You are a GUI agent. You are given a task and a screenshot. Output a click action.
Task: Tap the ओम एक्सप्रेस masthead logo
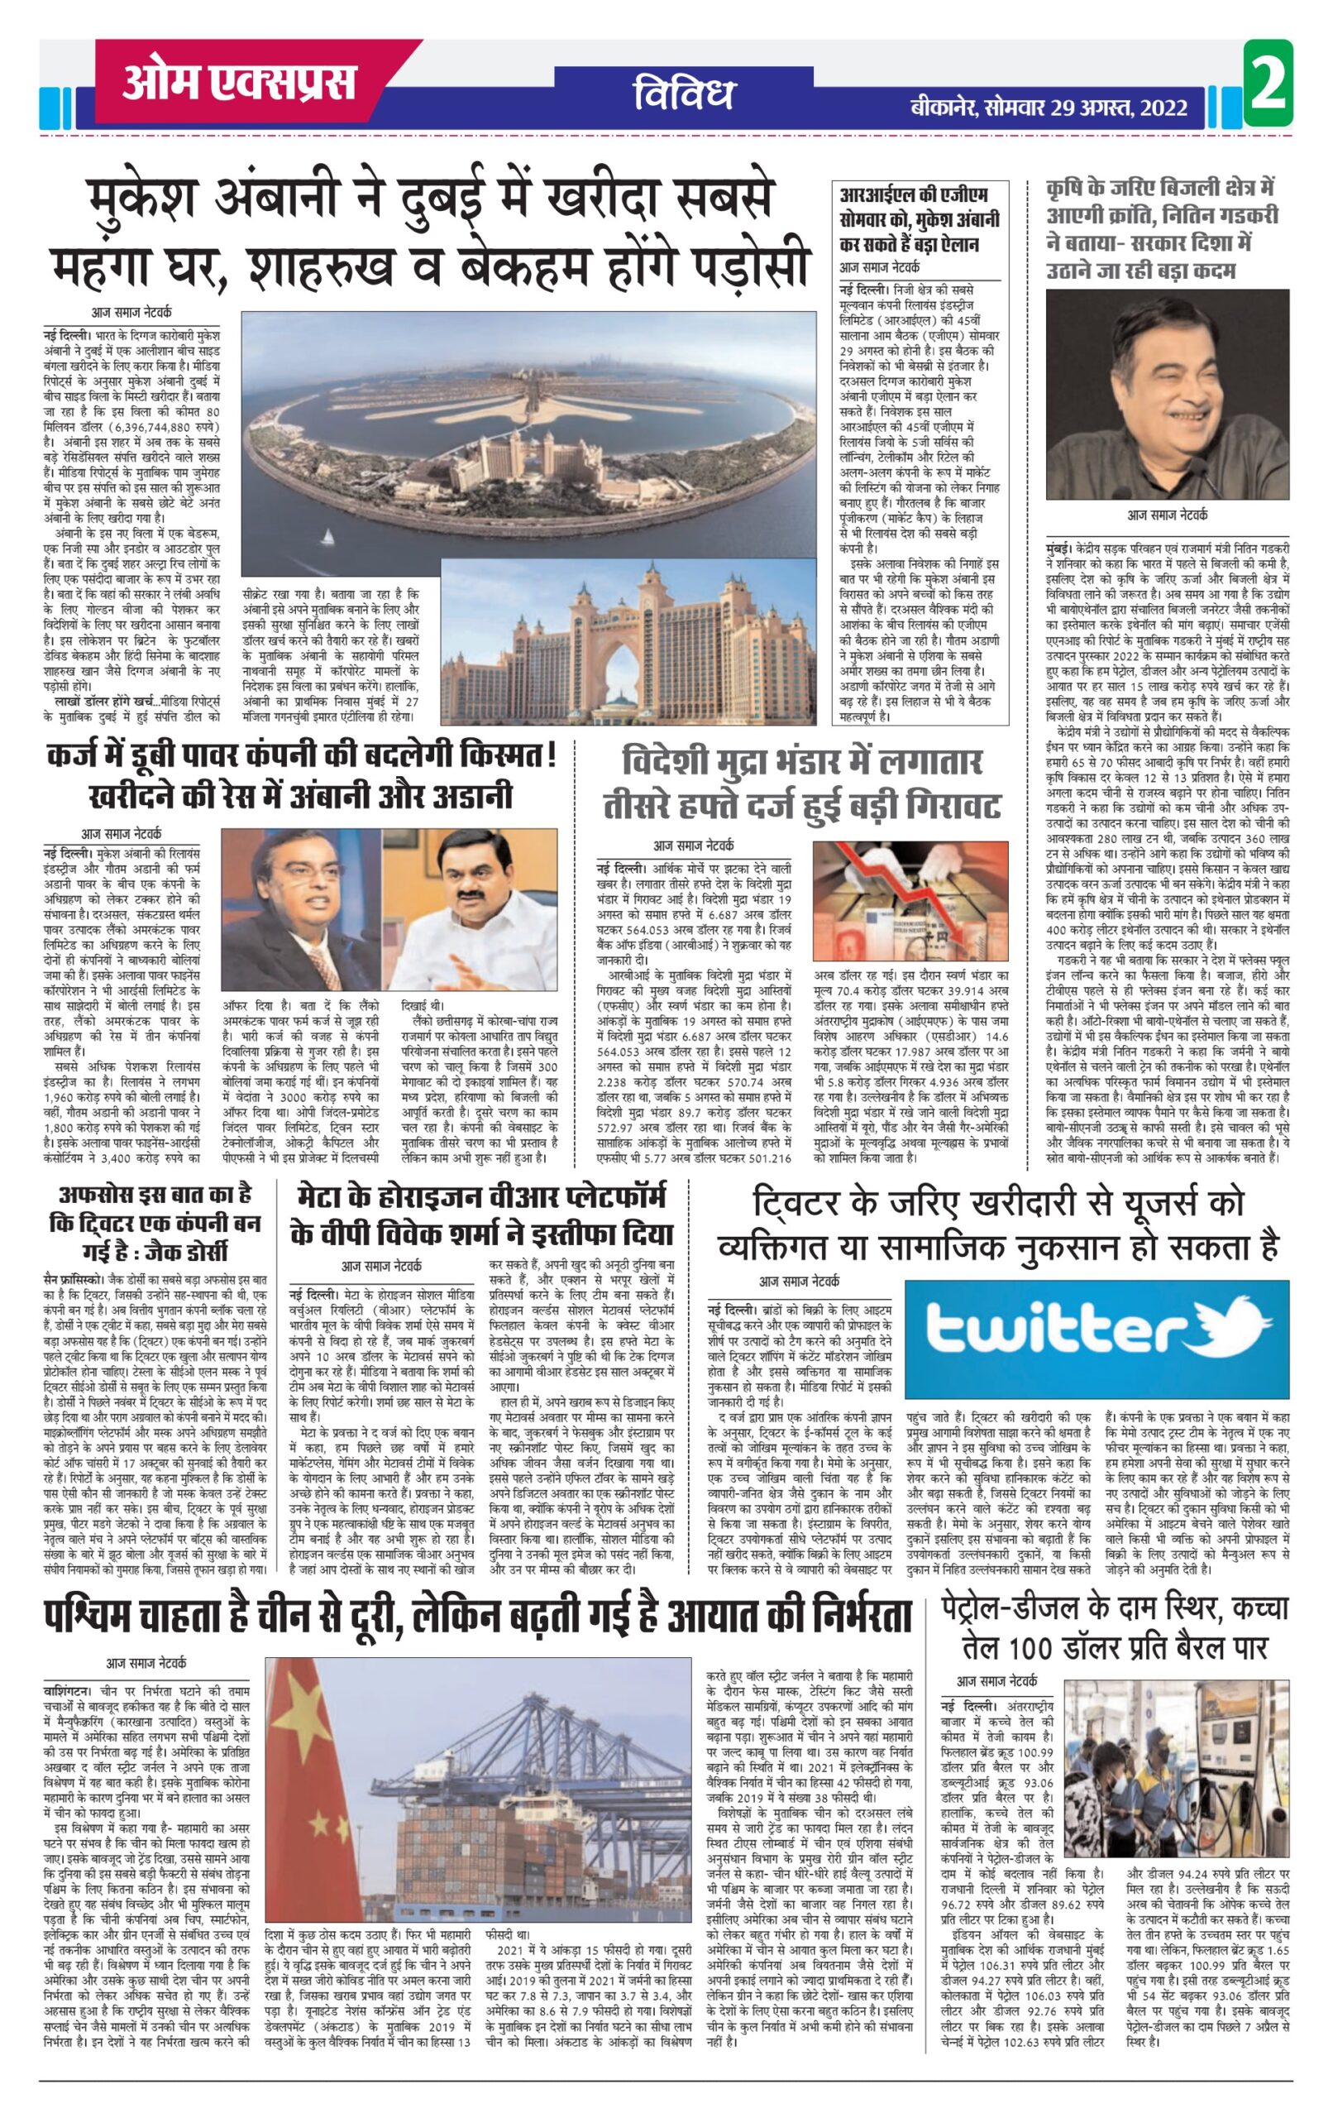click(240, 83)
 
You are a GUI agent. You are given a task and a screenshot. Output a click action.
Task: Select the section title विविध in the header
click(682, 96)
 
